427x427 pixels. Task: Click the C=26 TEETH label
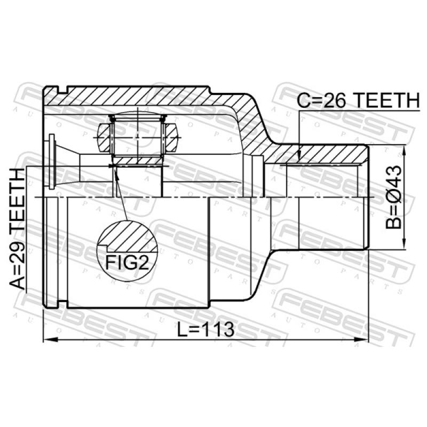point(358,100)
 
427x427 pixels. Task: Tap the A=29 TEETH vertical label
point(18,228)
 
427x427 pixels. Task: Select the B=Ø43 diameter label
point(393,197)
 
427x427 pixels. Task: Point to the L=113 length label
point(205,329)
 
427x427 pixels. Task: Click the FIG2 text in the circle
point(128,263)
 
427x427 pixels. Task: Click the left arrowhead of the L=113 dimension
point(50,339)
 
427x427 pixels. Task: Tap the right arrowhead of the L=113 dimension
point(361,339)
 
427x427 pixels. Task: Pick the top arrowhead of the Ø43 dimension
point(404,152)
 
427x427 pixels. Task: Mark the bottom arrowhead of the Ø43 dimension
point(404,242)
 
